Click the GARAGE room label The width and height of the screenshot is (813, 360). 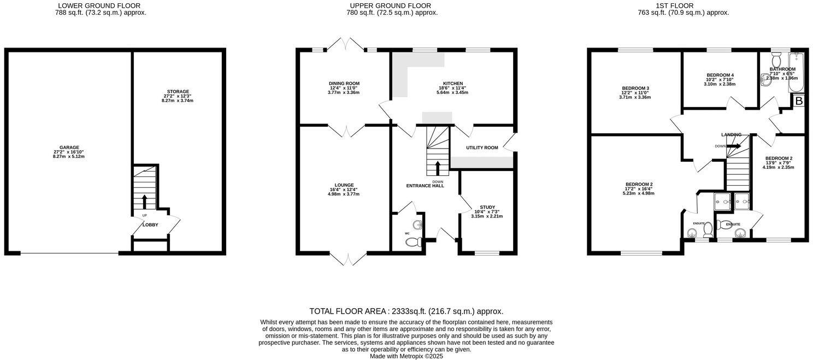pyautogui.click(x=69, y=147)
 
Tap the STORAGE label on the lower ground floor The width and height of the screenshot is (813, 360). pyautogui.click(x=178, y=91)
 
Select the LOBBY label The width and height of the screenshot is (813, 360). pyautogui.click(x=150, y=225)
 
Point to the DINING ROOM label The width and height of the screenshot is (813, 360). pyautogui.click(x=344, y=83)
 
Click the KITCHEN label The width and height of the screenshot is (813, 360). pyautogui.click(x=452, y=83)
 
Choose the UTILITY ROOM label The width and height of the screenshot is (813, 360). pyautogui.click(x=481, y=147)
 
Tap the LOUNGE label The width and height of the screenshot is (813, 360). pyautogui.click(x=344, y=185)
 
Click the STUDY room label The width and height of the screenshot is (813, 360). pyautogui.click(x=487, y=207)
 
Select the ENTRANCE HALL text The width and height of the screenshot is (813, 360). pyautogui.click(x=425, y=186)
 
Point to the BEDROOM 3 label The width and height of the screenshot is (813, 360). pyautogui.click(x=635, y=88)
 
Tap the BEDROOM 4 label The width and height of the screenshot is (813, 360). pyautogui.click(x=720, y=75)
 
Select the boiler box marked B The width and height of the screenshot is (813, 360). pyautogui.click(x=798, y=101)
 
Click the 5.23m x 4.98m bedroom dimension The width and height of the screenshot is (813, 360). pyautogui.click(x=639, y=193)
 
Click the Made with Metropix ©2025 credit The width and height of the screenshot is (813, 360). pyautogui.click(x=406, y=356)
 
